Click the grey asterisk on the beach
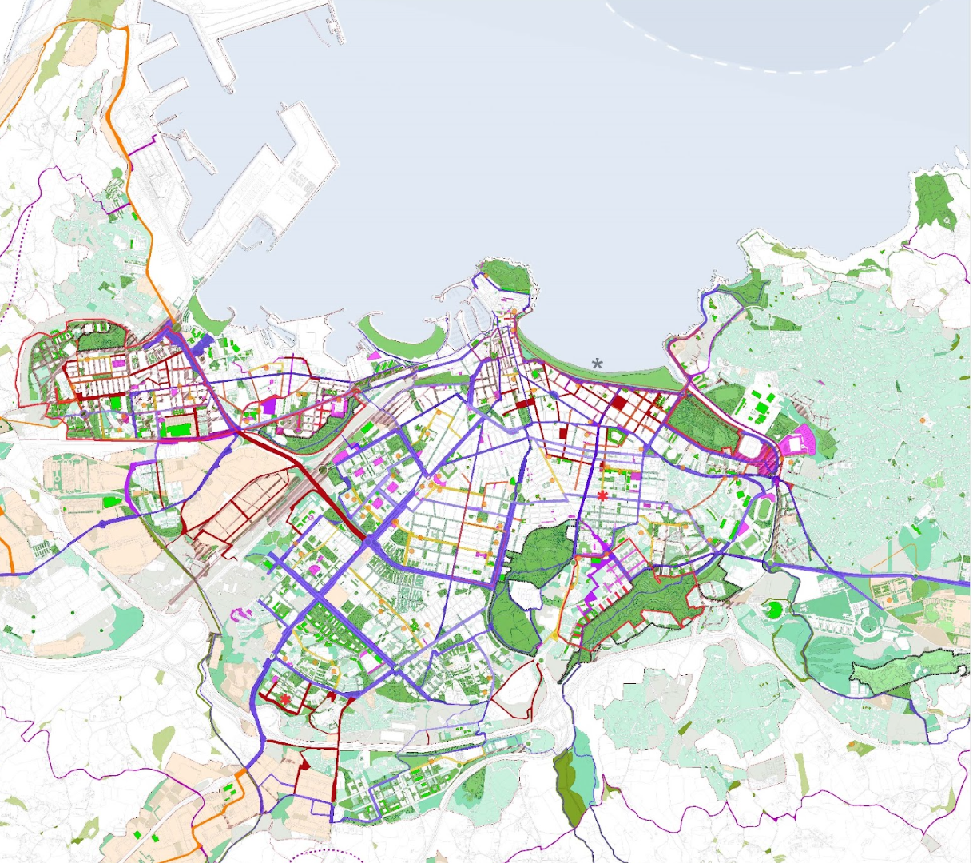tap(597, 364)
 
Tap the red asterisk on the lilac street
tap(602, 495)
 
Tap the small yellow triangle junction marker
tap(554, 635)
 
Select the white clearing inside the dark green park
tap(524, 593)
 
